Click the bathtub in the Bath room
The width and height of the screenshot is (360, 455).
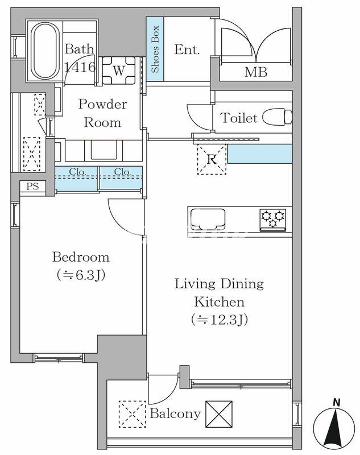(x=45, y=51)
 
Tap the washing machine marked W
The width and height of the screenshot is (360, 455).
(x=119, y=71)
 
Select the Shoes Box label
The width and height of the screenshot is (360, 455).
(x=155, y=49)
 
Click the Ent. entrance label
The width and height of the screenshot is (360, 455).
(x=187, y=49)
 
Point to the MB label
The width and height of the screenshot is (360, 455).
(x=256, y=72)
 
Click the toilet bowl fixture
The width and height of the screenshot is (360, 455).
(x=278, y=117)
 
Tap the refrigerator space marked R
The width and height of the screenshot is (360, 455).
(x=212, y=160)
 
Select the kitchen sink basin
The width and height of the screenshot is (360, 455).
(x=208, y=218)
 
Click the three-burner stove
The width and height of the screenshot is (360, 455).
(x=272, y=220)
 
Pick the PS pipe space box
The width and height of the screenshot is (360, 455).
(x=32, y=187)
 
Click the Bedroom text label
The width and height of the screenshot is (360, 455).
(x=81, y=257)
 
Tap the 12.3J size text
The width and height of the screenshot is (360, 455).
(x=220, y=320)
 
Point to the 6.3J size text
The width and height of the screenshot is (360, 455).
(x=81, y=275)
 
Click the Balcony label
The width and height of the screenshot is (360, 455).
(x=175, y=414)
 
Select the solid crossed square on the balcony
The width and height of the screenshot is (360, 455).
(x=219, y=414)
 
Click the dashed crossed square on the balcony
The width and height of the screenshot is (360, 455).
(x=133, y=414)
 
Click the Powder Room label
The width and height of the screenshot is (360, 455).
(x=103, y=113)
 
